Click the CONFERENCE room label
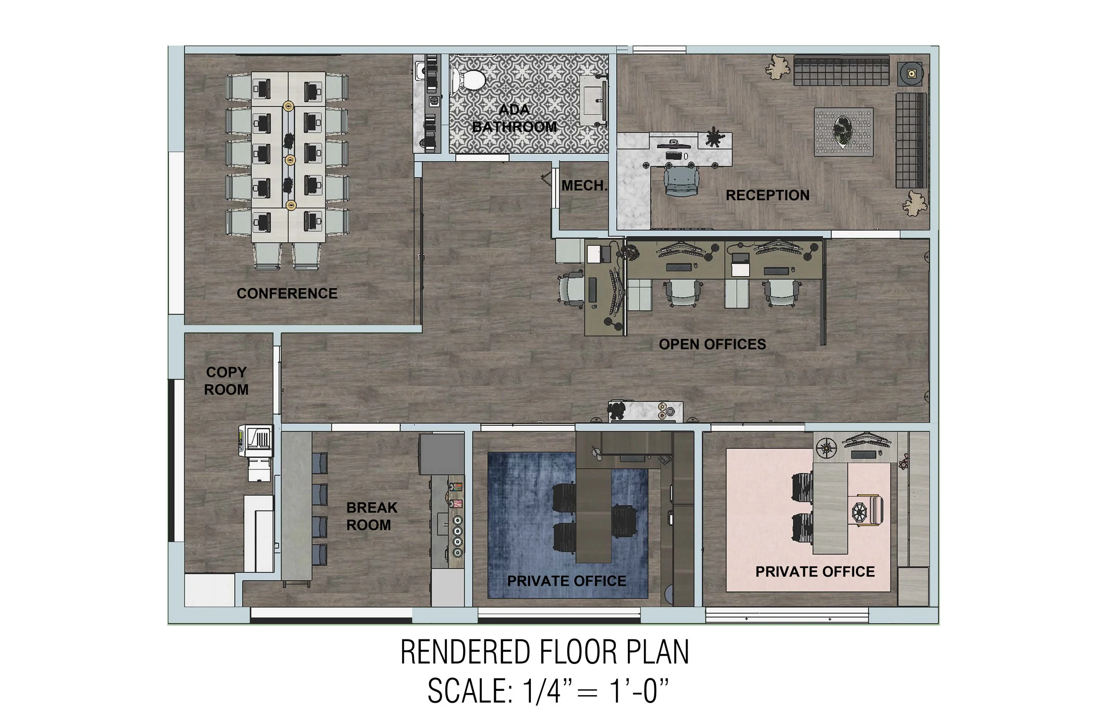point(287,293)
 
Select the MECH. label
point(584,185)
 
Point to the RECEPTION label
point(767,195)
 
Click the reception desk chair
point(681,181)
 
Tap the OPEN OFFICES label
point(712,344)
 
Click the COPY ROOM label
point(226,381)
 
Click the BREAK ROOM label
point(371,516)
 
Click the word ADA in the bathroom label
point(514,110)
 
